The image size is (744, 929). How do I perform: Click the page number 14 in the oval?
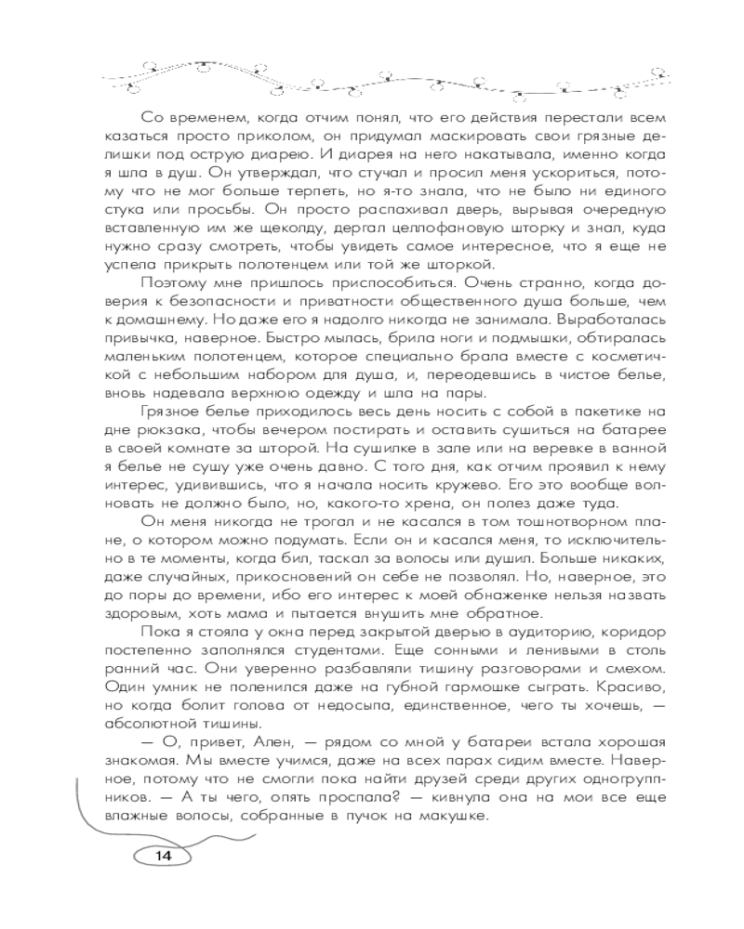[x=165, y=856]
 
